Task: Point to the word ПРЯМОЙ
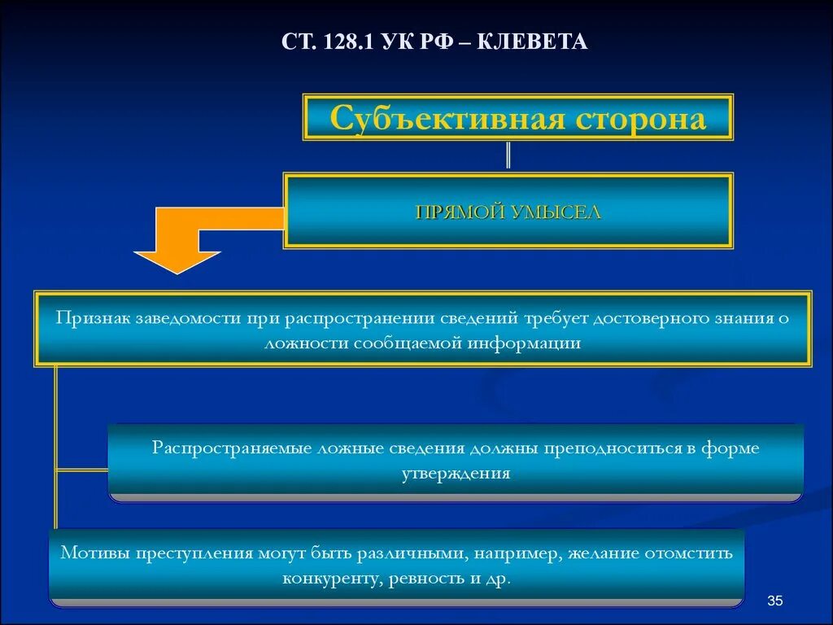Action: (x=461, y=212)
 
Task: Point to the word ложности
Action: (x=307, y=343)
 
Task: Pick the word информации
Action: (x=524, y=343)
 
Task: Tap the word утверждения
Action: (x=456, y=474)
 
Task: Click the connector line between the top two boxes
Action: (x=508, y=155)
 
